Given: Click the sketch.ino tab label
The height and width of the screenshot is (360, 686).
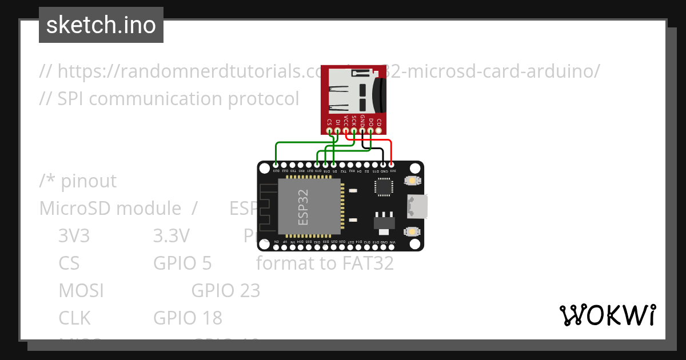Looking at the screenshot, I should point(101,25).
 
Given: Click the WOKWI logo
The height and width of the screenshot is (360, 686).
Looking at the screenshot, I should point(607,315).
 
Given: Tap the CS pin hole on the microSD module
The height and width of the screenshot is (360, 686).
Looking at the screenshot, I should point(329,131).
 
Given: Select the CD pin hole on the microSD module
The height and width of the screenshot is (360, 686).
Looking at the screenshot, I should point(379,131).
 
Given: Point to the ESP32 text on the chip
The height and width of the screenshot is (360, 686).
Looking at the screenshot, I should point(304,206).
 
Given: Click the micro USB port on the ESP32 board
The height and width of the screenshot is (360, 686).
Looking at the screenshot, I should point(417,206).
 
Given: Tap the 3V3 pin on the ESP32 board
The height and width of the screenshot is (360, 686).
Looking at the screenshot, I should point(392,165).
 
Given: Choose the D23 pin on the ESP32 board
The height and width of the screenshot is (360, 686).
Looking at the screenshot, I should point(276,165).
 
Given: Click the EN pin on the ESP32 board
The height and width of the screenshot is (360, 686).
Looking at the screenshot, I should point(277,247).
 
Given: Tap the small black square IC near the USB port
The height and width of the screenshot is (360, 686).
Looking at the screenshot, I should point(384,186).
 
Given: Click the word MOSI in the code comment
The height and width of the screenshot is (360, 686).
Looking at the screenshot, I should point(81,290).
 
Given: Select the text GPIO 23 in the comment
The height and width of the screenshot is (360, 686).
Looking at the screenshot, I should point(226,290).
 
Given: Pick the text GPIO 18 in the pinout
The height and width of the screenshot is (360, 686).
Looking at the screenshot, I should point(188,317).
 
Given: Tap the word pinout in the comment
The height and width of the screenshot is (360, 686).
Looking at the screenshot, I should point(89,181).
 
